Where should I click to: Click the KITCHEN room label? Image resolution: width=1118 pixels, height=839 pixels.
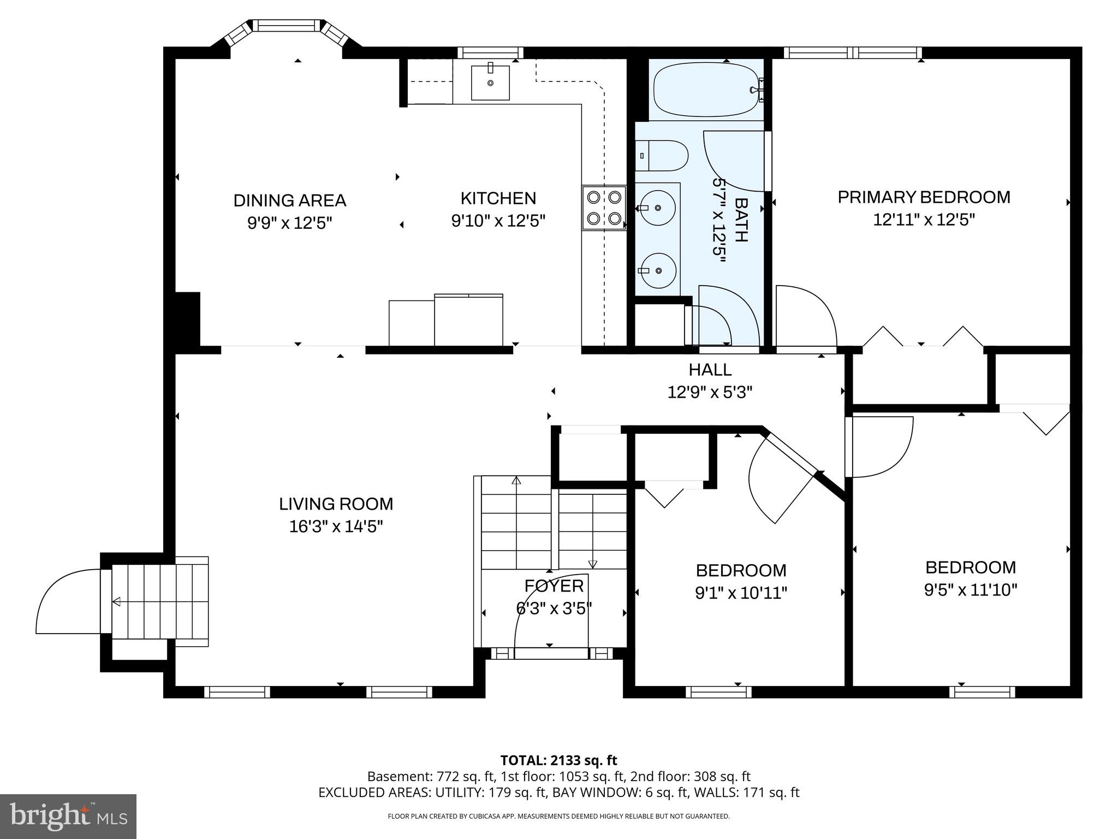click(498, 198)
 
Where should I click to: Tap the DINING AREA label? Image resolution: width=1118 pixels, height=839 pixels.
click(290, 200)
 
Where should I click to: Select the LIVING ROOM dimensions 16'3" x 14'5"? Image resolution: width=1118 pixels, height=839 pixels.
click(336, 527)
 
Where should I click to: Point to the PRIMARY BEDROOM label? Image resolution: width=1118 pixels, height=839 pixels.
click(924, 197)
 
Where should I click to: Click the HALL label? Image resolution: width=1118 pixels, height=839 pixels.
click(710, 370)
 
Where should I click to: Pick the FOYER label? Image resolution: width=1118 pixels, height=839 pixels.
click(554, 586)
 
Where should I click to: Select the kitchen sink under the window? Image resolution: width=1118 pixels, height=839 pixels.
click(490, 82)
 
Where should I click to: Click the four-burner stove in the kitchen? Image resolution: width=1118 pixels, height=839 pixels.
click(604, 208)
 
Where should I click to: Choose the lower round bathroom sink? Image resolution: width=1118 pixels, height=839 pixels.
click(658, 270)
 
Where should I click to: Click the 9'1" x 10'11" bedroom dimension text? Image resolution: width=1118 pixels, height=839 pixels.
click(741, 593)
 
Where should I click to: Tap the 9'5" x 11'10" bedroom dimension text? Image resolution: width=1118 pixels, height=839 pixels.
click(971, 590)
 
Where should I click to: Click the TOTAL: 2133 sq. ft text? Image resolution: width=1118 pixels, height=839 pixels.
click(558, 760)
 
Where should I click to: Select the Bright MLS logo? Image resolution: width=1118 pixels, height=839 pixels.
click(68, 817)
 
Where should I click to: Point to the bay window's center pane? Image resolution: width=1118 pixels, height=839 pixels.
click(287, 25)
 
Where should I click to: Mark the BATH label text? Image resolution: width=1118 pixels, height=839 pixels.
click(741, 220)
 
